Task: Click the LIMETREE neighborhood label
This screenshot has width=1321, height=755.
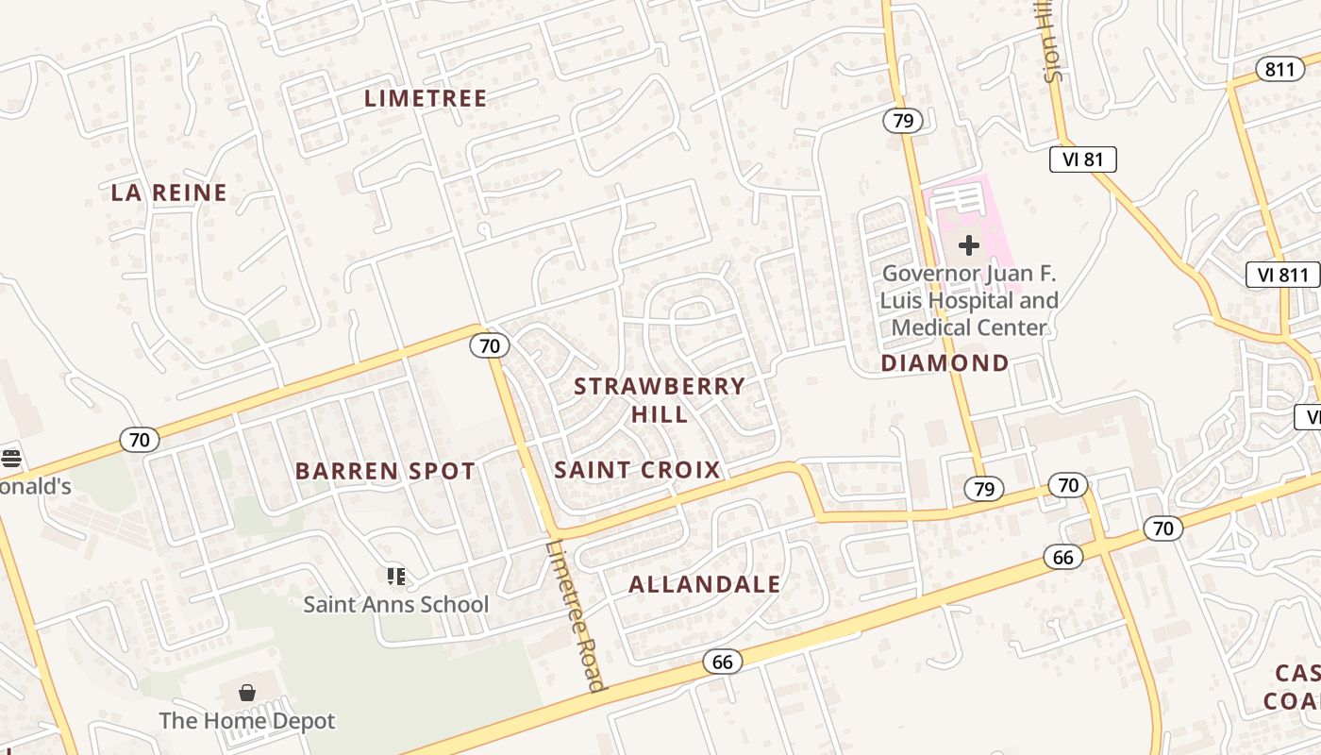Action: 426,98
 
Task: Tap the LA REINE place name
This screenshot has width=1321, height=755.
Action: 169,193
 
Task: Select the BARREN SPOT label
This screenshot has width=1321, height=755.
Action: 385,471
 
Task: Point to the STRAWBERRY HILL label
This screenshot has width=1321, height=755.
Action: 660,399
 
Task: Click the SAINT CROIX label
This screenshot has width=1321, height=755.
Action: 638,469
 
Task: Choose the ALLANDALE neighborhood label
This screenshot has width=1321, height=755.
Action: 705,584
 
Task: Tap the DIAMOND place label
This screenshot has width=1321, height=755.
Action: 945,363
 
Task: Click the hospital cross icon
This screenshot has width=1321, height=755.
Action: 968,245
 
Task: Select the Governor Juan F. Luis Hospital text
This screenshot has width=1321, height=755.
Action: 969,301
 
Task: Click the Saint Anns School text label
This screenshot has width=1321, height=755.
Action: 396,604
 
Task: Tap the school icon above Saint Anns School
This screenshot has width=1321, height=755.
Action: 396,576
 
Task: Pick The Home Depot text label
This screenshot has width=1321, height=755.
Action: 247,721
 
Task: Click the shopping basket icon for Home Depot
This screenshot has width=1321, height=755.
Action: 247,694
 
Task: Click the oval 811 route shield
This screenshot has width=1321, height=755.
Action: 1280,69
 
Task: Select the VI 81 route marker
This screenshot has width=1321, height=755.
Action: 1082,159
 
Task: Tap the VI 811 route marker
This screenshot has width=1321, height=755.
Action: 1282,275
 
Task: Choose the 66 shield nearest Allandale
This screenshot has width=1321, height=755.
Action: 722,662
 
